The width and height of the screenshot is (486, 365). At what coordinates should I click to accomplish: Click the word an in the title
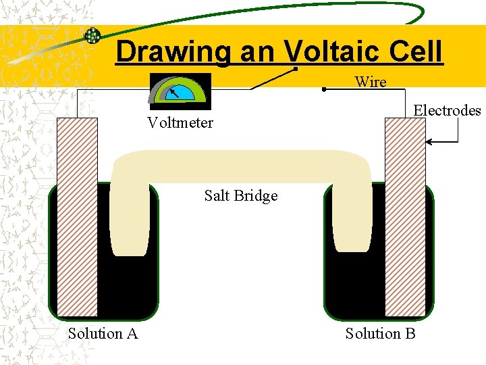[252, 52]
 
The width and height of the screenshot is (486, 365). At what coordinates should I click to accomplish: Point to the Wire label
[371, 82]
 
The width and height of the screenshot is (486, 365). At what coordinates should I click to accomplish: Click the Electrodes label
[447, 110]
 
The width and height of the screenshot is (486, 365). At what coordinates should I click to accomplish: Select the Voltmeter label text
[180, 122]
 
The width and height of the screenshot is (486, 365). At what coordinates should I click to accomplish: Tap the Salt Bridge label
[241, 196]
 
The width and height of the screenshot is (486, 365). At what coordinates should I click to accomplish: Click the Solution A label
[103, 333]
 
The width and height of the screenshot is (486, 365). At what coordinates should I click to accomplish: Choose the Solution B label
[380, 333]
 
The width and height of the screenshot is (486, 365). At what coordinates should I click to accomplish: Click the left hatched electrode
[78, 216]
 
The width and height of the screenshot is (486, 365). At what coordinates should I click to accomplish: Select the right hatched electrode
[405, 216]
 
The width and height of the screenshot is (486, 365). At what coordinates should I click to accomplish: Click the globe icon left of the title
[92, 35]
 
